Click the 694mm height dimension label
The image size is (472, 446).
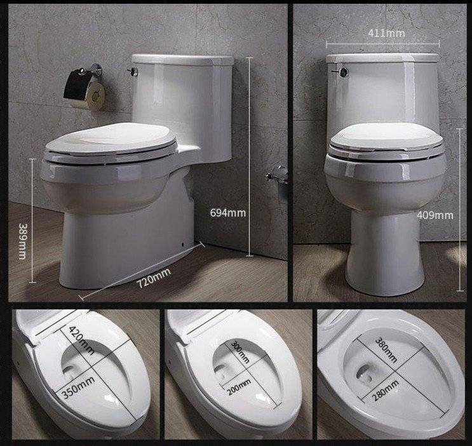click(228, 213)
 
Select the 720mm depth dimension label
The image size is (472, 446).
click(154, 278)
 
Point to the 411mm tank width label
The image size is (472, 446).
click(386, 33)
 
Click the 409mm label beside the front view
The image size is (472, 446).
click(435, 215)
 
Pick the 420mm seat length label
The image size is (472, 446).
click(81, 341)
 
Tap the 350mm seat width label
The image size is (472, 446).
click(78, 388)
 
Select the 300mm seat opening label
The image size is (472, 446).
click(240, 352)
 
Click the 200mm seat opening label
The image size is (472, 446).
click(239, 387)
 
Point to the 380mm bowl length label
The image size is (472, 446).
click(386, 350)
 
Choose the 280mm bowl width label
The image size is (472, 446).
click(386, 391)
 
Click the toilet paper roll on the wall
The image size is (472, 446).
click(90, 94)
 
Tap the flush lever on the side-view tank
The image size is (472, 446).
click(132, 72)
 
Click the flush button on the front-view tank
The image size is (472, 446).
click(344, 71)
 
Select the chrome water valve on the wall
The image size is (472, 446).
click(277, 175)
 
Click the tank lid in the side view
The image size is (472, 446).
click(183, 60)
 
